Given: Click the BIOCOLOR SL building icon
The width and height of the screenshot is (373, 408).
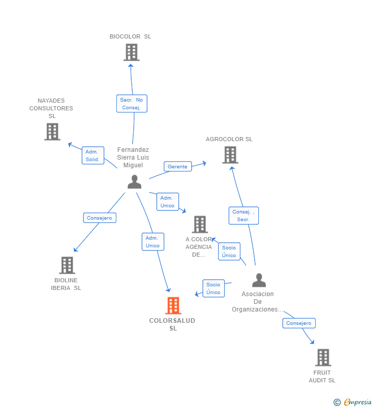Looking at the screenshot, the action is pos(132,52).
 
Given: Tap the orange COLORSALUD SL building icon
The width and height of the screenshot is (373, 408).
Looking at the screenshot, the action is pos(173,305).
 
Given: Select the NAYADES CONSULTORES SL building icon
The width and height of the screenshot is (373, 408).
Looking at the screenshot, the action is pos(52,132).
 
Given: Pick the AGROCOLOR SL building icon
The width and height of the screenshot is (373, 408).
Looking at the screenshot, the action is pos(230,155).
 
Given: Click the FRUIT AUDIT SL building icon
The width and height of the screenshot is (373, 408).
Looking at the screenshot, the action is pos(323,357).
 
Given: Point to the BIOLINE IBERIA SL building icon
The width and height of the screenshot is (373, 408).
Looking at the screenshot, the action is pos(67,265).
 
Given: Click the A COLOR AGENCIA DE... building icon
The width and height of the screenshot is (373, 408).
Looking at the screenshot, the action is pos(200,224).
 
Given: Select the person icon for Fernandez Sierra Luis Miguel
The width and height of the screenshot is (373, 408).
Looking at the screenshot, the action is pos(135,182).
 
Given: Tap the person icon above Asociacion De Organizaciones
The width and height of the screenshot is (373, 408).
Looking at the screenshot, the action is pos(259,280).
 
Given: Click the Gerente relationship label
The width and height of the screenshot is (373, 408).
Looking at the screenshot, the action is pos(178,166).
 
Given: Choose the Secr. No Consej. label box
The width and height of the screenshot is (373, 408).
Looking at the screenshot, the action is pos(132,104).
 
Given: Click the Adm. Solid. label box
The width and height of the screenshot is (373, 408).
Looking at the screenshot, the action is pos(93,156).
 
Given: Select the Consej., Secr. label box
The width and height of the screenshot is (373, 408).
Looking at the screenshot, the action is pos(243,216).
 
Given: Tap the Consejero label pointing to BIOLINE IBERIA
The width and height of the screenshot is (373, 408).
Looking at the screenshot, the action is pos(99,218).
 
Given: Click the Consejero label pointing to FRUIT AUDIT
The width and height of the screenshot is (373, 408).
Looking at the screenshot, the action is pos(299,323).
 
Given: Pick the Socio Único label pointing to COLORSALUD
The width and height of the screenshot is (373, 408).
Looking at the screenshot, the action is pos(214,288).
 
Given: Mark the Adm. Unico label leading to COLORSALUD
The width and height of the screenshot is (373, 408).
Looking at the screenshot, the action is pos(153,242).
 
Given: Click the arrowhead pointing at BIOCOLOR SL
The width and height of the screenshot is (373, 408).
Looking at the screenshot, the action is pos(131,66).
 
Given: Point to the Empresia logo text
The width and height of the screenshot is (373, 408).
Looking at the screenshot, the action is pos(358,402).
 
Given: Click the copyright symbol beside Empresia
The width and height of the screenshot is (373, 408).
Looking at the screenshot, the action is pos(337,402).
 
